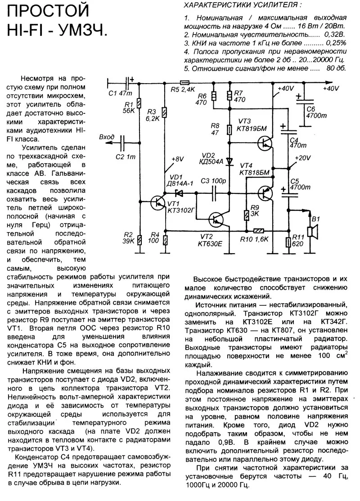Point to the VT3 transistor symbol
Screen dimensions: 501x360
265,143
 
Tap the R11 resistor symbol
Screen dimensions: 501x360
289,243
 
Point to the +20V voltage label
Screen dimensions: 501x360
302,157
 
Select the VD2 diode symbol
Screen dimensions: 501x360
229,161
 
